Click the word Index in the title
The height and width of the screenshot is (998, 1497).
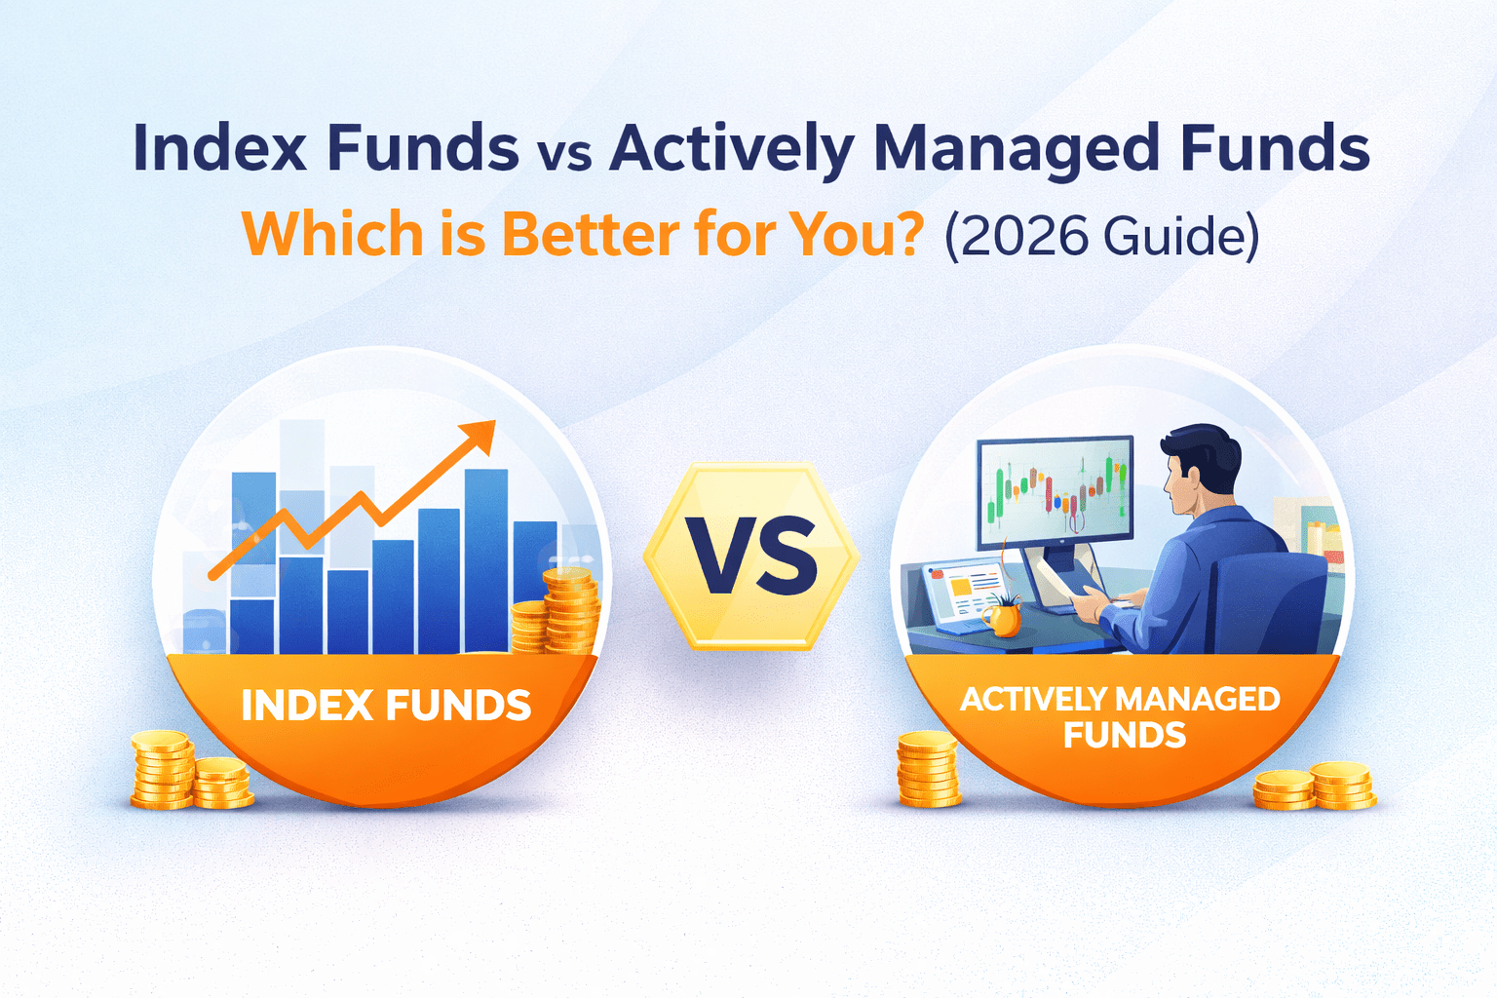pyautogui.click(x=220, y=147)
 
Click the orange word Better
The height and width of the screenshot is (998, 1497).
pyautogui.click(x=590, y=234)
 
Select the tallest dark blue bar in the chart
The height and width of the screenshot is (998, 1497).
pyautogui.click(x=486, y=560)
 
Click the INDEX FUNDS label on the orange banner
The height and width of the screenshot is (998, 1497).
pyautogui.click(x=386, y=706)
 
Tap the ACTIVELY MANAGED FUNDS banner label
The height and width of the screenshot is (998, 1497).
pyautogui.click(x=1121, y=716)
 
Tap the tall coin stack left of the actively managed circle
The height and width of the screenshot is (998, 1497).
pyautogui.click(x=928, y=769)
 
